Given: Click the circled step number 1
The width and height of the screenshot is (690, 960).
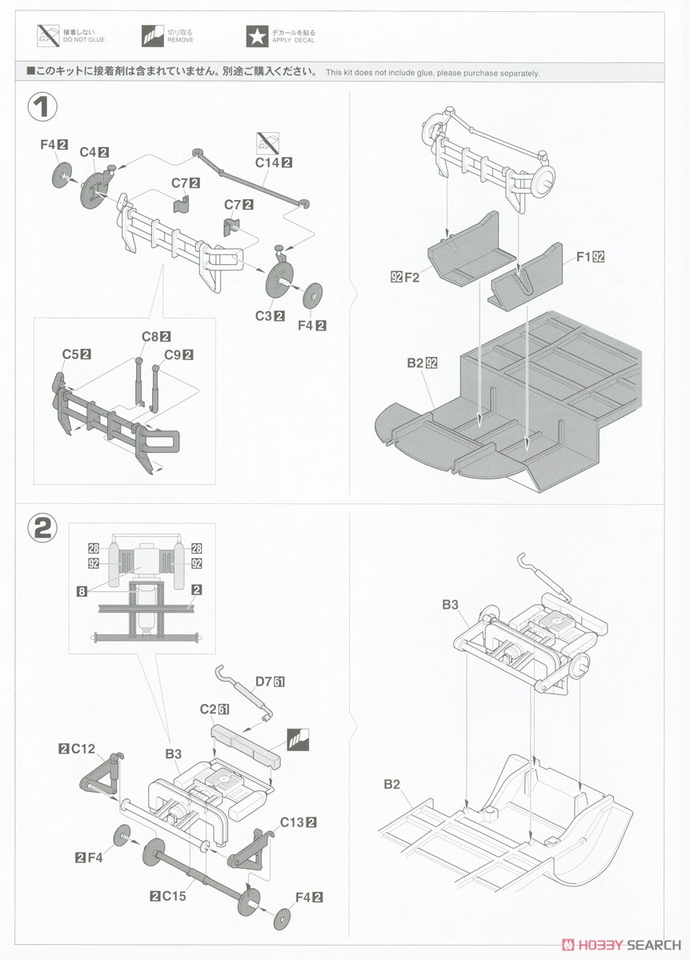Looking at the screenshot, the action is pyautogui.click(x=42, y=107).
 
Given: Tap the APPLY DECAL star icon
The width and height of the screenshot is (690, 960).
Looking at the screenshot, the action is pyautogui.click(x=257, y=37).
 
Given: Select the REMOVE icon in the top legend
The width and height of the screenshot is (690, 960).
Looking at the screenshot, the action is pyautogui.click(x=153, y=37).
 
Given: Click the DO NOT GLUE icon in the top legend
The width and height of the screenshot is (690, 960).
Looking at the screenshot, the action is pyautogui.click(x=48, y=35).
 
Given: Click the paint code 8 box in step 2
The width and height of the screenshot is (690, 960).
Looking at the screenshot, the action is pyautogui.click(x=82, y=591).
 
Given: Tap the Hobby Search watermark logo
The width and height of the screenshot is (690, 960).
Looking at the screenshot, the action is pyautogui.click(x=621, y=945).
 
